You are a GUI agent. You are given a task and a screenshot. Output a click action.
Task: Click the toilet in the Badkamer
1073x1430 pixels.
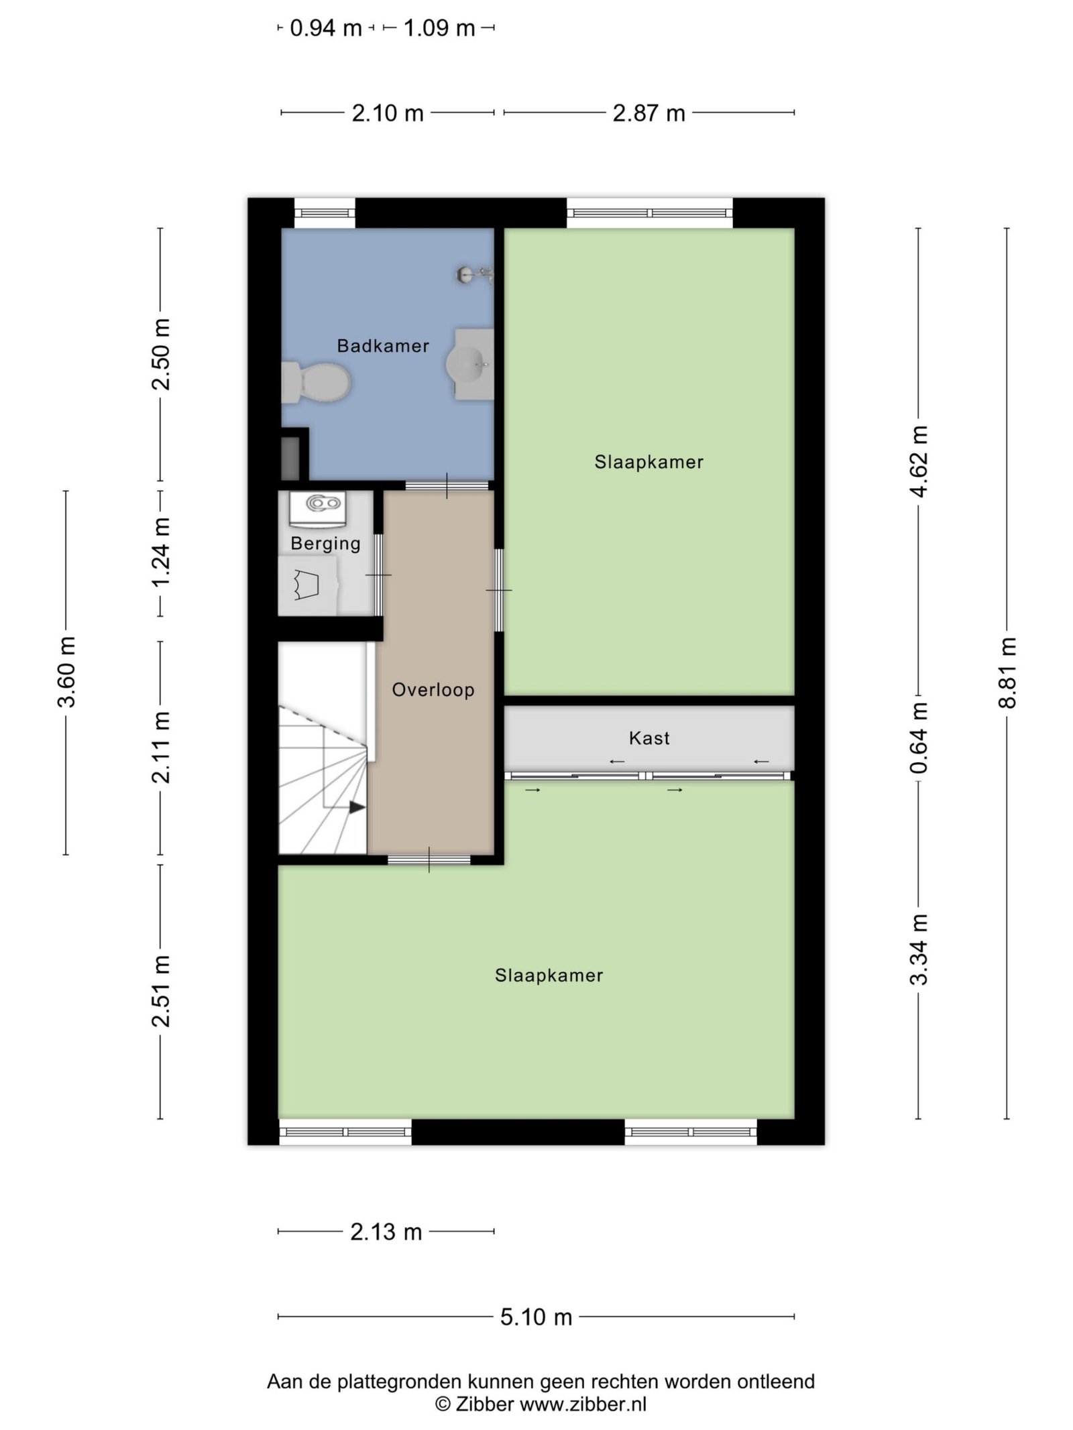[316, 383]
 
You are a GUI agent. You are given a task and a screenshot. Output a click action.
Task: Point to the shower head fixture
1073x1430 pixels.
[475, 274]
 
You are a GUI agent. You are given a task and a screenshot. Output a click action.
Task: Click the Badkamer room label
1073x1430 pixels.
[383, 346]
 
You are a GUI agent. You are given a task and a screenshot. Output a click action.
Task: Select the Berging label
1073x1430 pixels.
[325, 543]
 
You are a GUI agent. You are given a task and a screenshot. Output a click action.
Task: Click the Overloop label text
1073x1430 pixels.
[433, 689]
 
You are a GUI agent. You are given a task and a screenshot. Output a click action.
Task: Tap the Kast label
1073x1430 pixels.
[649, 738]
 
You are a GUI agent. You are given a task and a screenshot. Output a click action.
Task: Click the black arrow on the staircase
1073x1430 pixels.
[357, 807]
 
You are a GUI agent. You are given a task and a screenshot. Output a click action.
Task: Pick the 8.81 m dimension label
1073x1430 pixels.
[1007, 672]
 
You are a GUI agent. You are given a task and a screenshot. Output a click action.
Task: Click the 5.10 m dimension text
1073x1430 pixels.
[536, 1317]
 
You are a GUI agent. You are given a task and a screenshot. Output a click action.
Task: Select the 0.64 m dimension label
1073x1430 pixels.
[919, 737]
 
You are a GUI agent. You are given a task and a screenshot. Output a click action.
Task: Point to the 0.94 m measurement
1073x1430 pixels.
[326, 28]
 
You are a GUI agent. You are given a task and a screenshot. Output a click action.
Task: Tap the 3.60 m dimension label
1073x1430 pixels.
[66, 672]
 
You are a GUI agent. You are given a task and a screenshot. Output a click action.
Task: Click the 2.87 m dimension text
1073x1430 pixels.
[649, 113]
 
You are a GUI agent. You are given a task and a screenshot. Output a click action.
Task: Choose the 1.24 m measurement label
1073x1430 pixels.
[161, 552]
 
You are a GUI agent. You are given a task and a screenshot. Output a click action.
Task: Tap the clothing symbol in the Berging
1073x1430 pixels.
[306, 584]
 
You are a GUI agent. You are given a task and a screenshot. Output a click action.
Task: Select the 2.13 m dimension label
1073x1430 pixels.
[386, 1232]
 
